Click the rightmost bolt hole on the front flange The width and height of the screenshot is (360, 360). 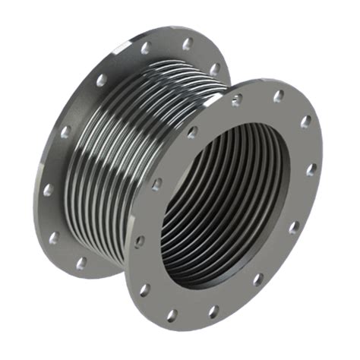click(x=311, y=169)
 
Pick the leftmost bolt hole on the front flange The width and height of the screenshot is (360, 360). click(x=139, y=242)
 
